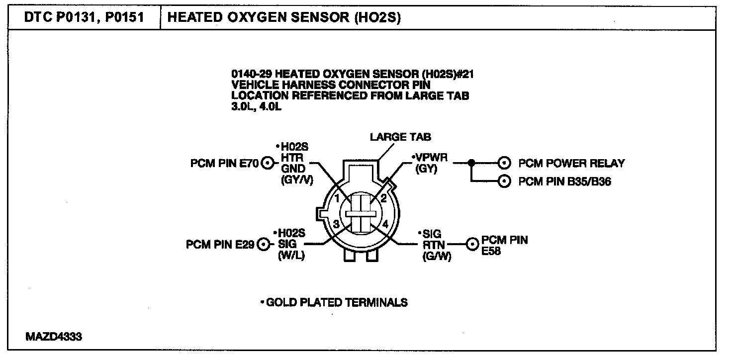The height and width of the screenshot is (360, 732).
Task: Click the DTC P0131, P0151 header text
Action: click(84, 17)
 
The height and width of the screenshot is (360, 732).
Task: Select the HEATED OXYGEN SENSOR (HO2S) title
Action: click(284, 17)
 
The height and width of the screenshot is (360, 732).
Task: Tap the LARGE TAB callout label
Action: click(400, 137)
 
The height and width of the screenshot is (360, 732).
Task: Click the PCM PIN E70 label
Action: click(224, 163)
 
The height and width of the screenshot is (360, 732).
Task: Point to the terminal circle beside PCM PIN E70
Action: click(268, 163)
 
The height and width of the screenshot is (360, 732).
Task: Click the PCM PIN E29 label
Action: click(220, 244)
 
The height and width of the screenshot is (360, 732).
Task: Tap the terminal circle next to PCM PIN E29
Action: click(264, 244)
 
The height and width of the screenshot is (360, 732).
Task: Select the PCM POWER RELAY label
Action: click(571, 163)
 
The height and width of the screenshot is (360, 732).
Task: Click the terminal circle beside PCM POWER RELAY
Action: click(504, 163)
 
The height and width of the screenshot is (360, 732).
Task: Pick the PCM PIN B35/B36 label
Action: click(565, 181)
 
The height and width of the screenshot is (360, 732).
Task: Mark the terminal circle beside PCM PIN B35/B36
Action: click(504, 181)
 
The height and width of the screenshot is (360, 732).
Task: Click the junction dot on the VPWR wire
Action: click(471, 163)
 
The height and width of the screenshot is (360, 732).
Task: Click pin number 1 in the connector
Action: click(338, 198)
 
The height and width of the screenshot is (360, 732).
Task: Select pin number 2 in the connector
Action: click(383, 198)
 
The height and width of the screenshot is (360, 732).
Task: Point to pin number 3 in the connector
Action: click(336, 224)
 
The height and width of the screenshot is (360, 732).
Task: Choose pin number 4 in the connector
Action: click(385, 224)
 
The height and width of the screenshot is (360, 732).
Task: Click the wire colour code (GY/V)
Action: click(297, 180)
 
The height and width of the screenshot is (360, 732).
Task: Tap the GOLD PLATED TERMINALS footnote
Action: click(334, 302)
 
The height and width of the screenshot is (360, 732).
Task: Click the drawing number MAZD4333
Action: click(54, 337)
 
